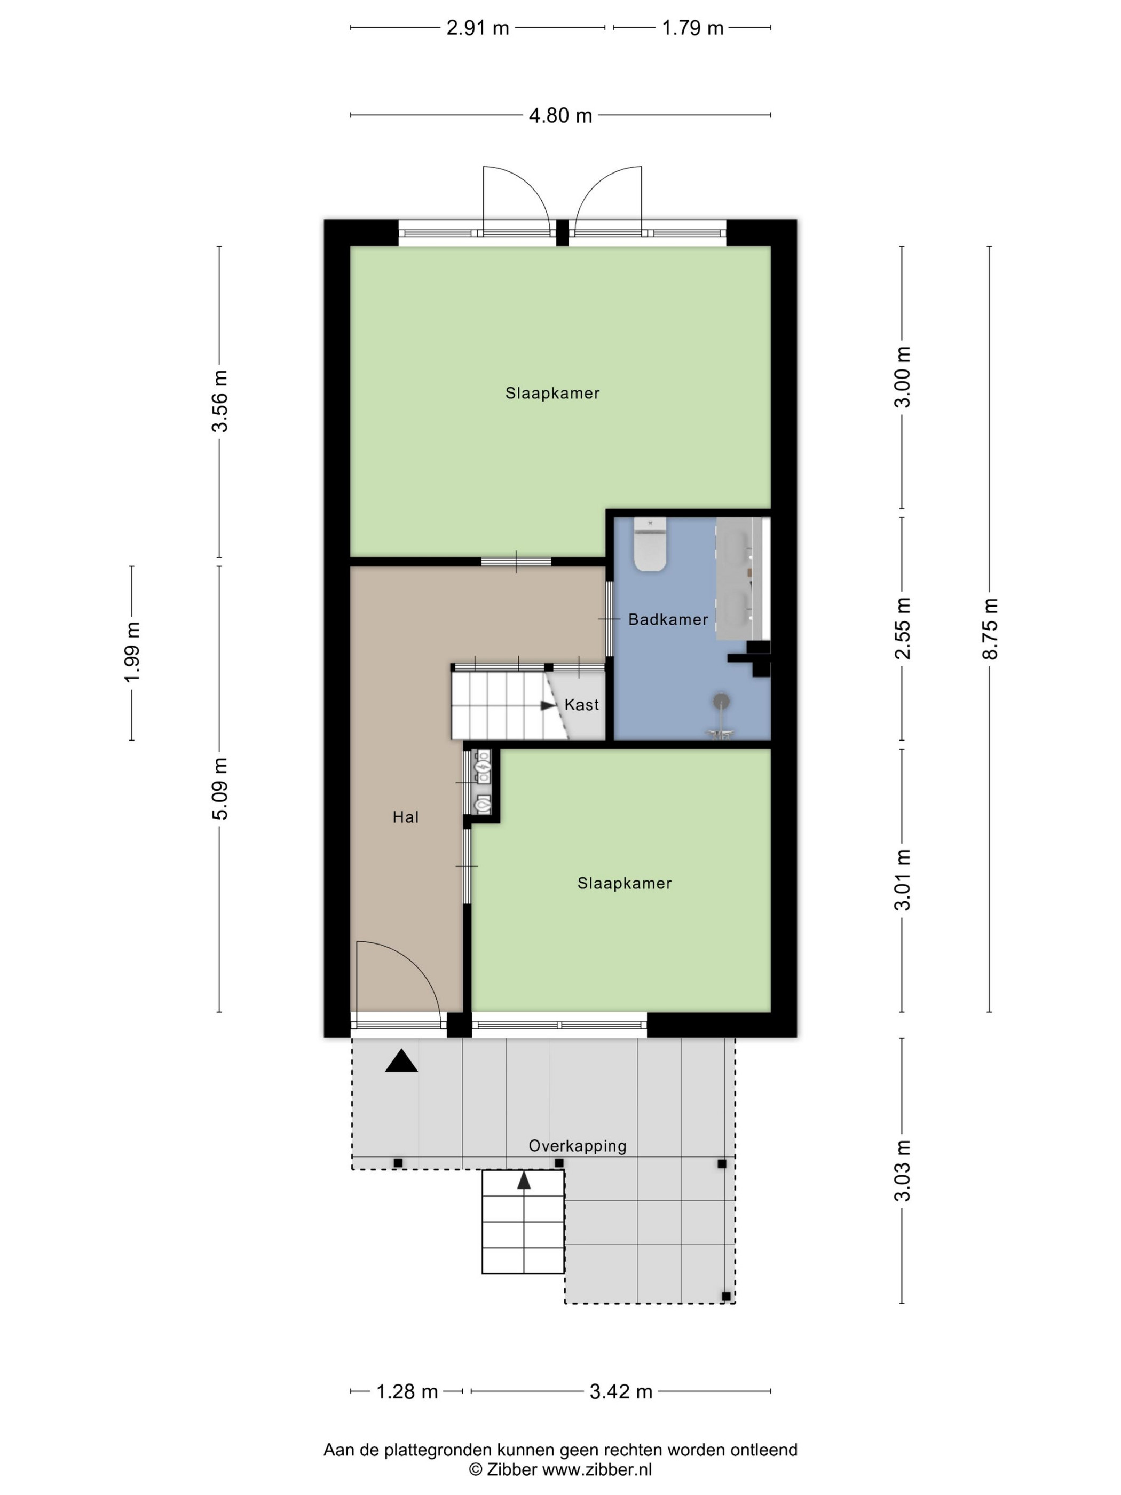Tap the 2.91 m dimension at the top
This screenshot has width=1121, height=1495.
tap(478, 28)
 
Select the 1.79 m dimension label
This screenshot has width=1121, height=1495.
tap(692, 28)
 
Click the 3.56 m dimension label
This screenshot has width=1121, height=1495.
tap(219, 401)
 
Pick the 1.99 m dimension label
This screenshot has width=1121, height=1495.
tap(132, 652)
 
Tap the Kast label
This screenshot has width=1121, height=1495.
tap(581, 705)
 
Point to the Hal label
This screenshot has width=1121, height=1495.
tap(405, 817)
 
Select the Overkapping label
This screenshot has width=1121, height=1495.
tap(577, 1146)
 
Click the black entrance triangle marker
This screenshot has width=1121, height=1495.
tap(401, 1061)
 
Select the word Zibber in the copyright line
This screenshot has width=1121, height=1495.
tap(511, 1469)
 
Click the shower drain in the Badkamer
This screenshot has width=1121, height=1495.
tap(723, 699)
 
